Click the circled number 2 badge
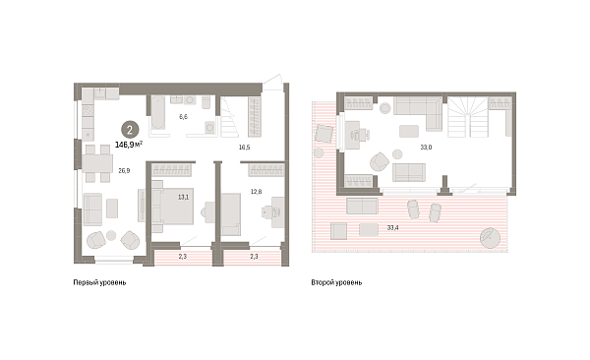[x=130, y=130]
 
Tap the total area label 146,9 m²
[x=128, y=145]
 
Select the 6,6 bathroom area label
[x=183, y=117]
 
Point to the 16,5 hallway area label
[x=244, y=148]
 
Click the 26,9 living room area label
[x=124, y=170]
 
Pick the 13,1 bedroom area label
[x=183, y=197]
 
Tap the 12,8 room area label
[x=257, y=192]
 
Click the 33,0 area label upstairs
[x=426, y=148]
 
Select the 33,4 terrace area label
[x=392, y=228]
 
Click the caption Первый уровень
[x=99, y=282]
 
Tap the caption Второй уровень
[x=336, y=282]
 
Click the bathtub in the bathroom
[x=157, y=112]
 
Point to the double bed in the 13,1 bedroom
[x=173, y=206]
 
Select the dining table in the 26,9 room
[x=97, y=163]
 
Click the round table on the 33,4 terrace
[x=490, y=238]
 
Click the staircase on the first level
[x=229, y=117]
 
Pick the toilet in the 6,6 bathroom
[x=206, y=102]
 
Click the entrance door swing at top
[x=272, y=82]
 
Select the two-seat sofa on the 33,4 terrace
[x=362, y=206]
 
